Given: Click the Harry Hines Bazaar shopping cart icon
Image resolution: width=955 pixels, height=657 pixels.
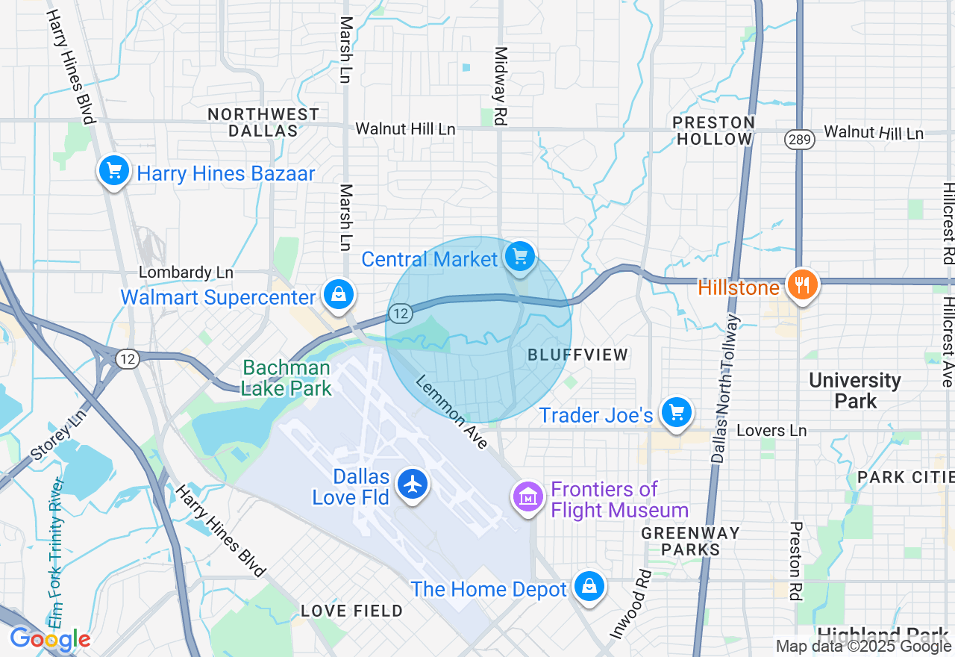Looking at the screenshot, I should tap(114, 172).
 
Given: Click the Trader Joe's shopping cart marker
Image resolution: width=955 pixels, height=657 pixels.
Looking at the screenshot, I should tap(677, 412).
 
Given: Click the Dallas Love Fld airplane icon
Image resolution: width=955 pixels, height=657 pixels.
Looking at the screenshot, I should tap(411, 485).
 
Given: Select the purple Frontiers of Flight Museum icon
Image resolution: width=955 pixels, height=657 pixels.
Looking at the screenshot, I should tap(527, 496).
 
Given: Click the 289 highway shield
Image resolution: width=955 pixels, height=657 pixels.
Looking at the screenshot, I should tap(799, 140).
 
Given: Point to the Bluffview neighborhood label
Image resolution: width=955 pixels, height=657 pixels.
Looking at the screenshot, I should tap(577, 355).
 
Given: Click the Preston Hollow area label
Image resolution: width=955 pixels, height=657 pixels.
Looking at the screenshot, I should tap(713, 131).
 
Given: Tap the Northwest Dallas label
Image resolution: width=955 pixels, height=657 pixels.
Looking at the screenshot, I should tap(263, 122).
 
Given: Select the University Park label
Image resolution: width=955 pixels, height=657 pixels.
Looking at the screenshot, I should tap(855, 390).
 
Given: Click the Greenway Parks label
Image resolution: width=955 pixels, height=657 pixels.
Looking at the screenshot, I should tap(691, 541).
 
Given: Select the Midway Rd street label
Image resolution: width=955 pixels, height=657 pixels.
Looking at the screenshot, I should tap(501, 85).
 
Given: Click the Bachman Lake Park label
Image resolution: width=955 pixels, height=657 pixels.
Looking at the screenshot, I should tap(286, 378).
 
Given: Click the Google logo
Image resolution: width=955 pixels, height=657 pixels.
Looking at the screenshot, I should tap(50, 639).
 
